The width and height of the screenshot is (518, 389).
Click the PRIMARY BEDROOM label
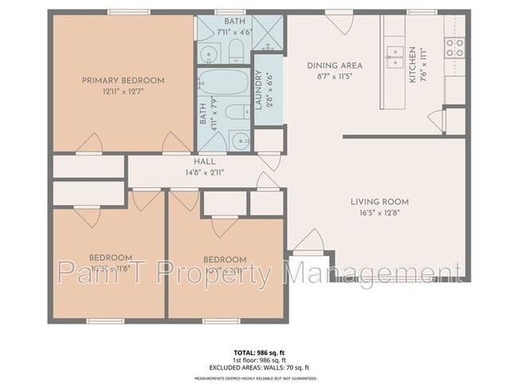(123, 81)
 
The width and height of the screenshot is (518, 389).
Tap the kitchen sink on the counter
(393, 53)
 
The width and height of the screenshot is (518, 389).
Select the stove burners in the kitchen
(455, 47)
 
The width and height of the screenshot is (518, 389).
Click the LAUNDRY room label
(258, 88)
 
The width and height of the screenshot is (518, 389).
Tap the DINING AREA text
(335, 65)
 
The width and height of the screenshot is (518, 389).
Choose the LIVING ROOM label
(379, 202)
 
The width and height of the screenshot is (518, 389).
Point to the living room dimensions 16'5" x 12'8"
(379, 213)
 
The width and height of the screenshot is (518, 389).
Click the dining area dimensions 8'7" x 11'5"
(335, 77)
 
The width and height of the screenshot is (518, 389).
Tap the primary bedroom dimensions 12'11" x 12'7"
(123, 92)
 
